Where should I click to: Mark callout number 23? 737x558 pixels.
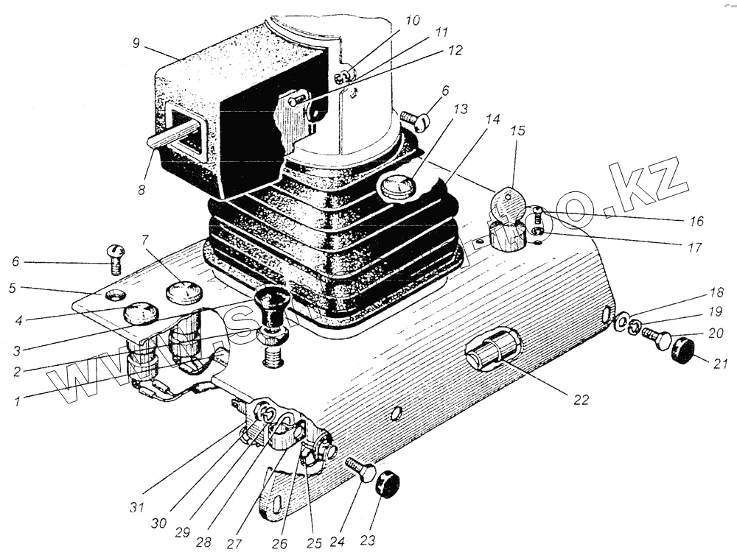click(x=366, y=540)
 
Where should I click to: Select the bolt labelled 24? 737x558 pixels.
click(x=360, y=469)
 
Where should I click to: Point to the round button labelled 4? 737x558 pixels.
click(x=140, y=314)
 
